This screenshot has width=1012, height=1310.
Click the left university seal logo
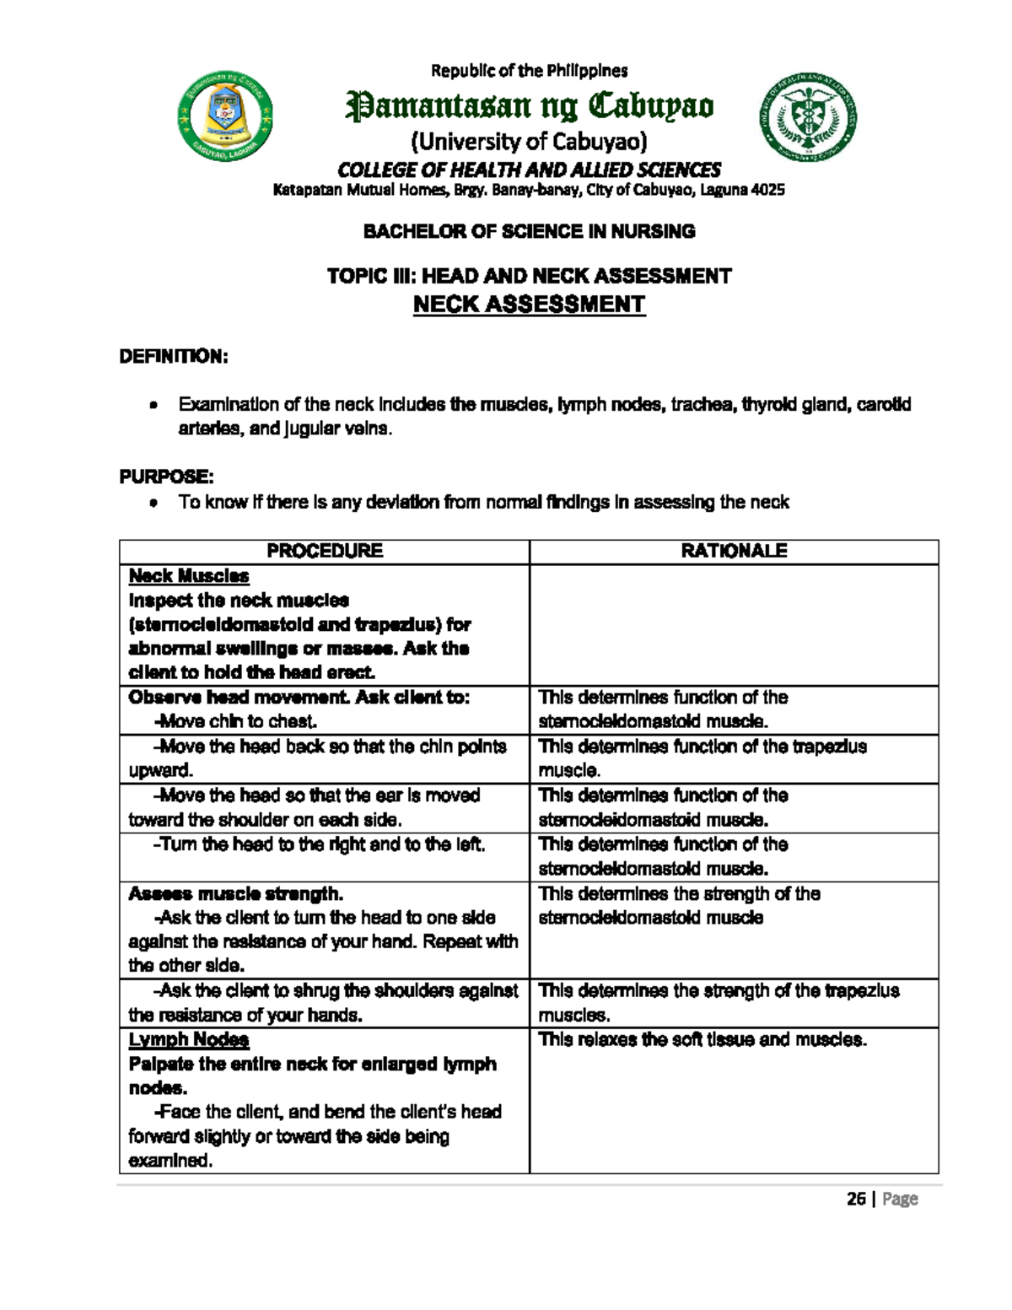point(224,116)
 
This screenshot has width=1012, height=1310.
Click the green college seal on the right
point(810,116)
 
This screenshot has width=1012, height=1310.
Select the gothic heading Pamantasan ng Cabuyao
point(530,107)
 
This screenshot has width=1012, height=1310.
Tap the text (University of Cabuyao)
point(529,140)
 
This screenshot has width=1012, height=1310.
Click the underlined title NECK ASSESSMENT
point(529,305)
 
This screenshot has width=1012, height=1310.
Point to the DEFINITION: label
point(173,357)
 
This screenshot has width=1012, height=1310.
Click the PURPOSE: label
point(160,477)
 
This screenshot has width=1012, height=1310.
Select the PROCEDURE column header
point(325,551)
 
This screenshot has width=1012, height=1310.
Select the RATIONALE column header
point(734,551)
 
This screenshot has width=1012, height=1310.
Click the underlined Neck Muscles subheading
point(189,576)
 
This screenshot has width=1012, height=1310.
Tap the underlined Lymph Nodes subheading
point(189,1039)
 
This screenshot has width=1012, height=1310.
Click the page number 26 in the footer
point(857,1199)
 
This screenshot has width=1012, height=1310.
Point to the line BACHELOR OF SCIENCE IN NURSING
point(529,231)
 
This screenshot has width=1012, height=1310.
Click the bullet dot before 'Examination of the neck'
point(152,407)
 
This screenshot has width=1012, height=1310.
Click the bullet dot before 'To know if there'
point(152,504)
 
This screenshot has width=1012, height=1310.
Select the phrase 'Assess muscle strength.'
point(235,893)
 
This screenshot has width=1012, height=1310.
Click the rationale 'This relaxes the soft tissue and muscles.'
point(702,1039)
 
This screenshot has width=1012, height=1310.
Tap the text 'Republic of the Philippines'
point(530,70)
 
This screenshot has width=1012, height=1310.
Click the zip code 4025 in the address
point(767,190)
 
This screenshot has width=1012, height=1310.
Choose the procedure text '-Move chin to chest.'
point(235,721)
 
